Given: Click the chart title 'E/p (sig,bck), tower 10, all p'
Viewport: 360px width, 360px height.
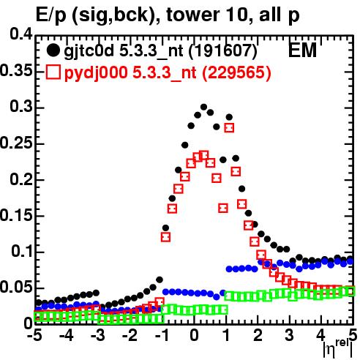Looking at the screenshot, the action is click(168, 15).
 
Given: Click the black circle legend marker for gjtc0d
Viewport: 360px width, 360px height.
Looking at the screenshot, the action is click(53, 50).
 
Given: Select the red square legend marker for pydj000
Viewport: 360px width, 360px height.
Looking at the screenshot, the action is click(53, 72).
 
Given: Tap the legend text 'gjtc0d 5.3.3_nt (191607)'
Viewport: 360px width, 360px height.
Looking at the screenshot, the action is click(160, 50).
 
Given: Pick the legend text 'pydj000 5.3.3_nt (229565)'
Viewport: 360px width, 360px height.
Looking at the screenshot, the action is click(168, 72).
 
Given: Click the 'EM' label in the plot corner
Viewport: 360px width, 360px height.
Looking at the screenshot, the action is click(302, 50).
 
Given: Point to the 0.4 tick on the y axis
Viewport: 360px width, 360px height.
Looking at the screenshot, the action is click(21, 34).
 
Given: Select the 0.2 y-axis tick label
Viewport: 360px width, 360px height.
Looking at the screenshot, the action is click(21, 179).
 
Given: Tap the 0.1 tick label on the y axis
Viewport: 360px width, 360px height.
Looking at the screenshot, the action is click(22, 251).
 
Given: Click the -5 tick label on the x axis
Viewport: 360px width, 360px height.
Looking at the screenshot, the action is click(35, 335).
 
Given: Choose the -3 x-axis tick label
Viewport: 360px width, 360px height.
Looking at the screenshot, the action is click(97, 335).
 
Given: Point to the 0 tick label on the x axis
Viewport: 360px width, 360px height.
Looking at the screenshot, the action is click(194, 335).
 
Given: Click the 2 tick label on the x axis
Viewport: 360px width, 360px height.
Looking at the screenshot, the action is click(258, 335).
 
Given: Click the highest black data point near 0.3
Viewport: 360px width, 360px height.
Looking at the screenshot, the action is click(203, 107).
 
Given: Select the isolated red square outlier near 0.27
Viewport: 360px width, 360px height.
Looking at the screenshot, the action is click(229, 127).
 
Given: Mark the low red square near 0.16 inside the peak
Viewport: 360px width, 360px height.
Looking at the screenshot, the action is click(223, 208).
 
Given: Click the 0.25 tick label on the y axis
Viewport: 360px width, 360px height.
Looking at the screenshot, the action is click(16, 143).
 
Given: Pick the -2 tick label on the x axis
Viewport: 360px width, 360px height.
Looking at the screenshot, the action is click(131, 335).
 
